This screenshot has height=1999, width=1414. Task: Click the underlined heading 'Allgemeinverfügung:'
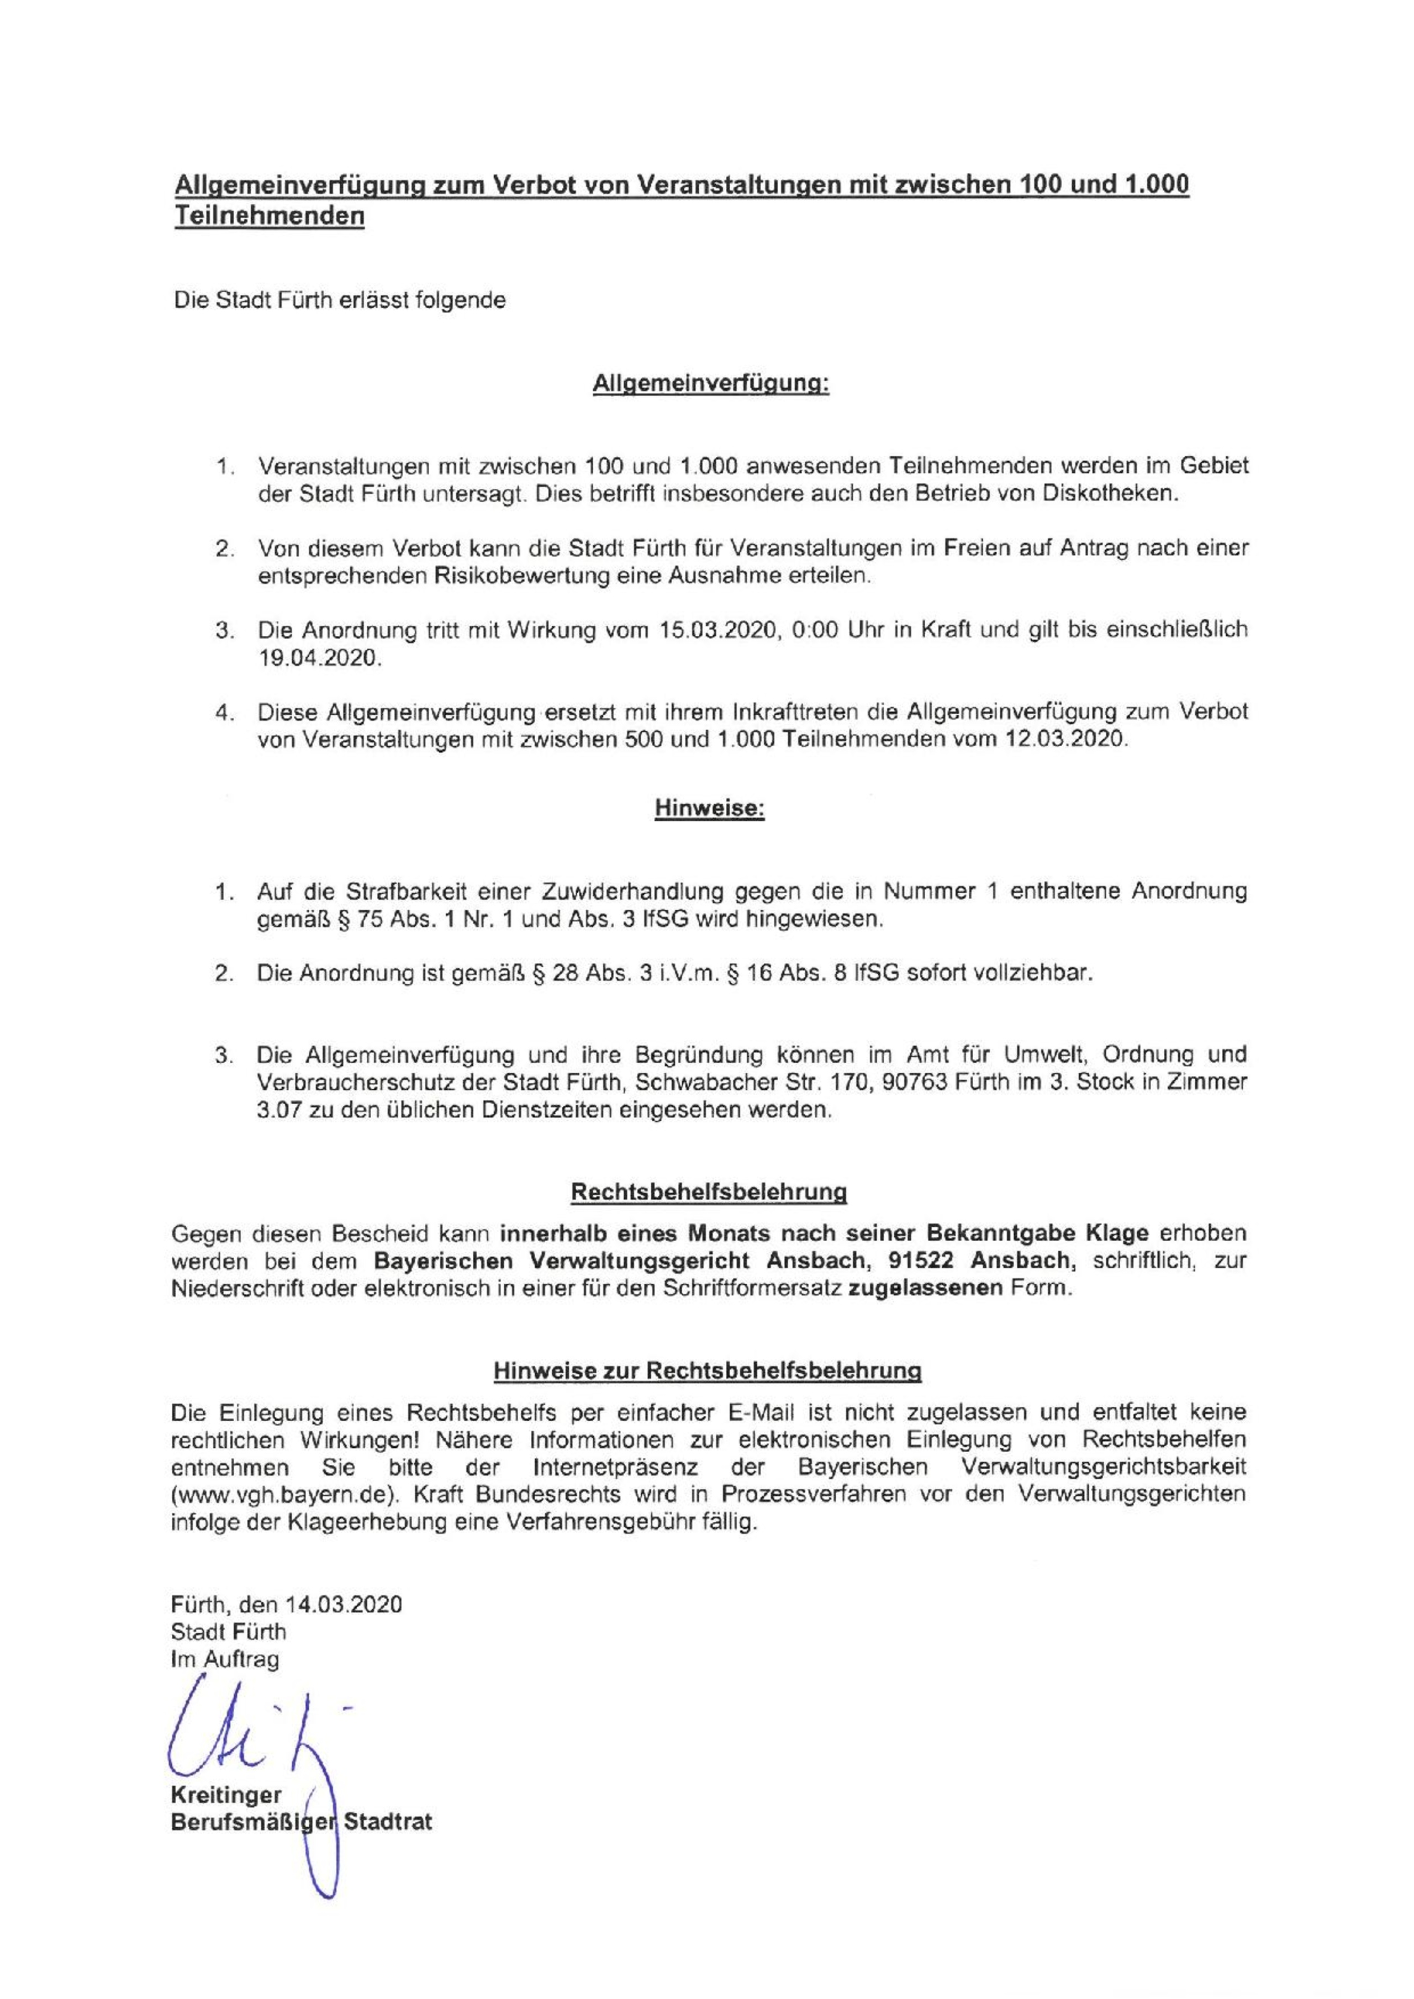click(710, 385)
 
